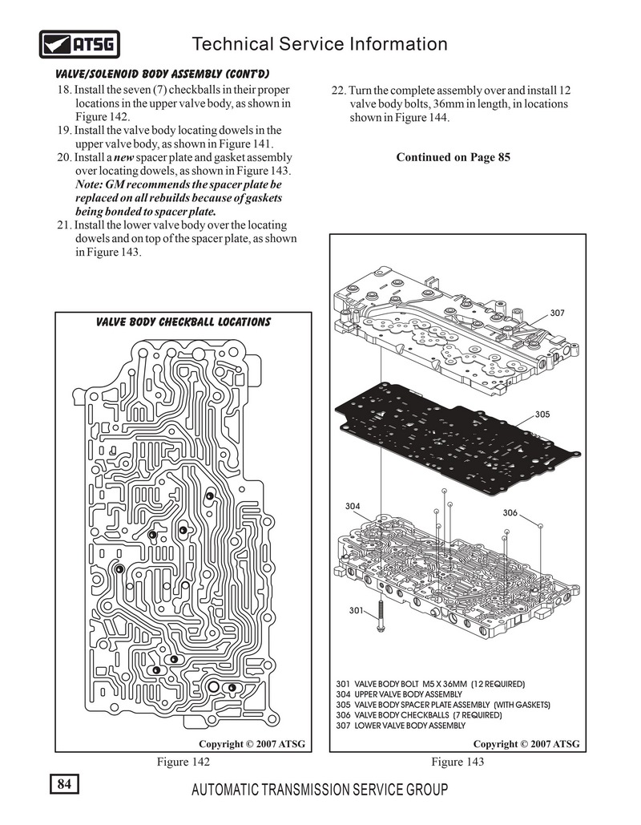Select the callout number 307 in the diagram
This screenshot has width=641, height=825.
click(x=558, y=313)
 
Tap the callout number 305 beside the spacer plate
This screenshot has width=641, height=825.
click(x=543, y=415)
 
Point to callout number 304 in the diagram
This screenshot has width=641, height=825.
click(x=353, y=507)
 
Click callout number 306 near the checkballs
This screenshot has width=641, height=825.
click(x=510, y=512)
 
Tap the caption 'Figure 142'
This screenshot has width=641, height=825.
click(x=183, y=762)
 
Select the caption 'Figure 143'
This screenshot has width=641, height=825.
click(x=458, y=762)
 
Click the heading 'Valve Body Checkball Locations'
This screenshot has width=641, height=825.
click(x=183, y=322)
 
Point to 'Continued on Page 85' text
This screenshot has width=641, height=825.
click(x=453, y=157)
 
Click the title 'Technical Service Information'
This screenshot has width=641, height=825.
click(x=320, y=44)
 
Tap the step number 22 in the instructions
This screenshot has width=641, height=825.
click(x=337, y=90)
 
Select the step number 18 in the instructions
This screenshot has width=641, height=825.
click(x=64, y=90)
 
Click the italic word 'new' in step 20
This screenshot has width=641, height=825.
click(x=111, y=157)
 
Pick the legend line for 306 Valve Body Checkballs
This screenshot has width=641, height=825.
click(x=428, y=714)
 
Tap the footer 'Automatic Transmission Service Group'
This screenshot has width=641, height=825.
click(x=320, y=791)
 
